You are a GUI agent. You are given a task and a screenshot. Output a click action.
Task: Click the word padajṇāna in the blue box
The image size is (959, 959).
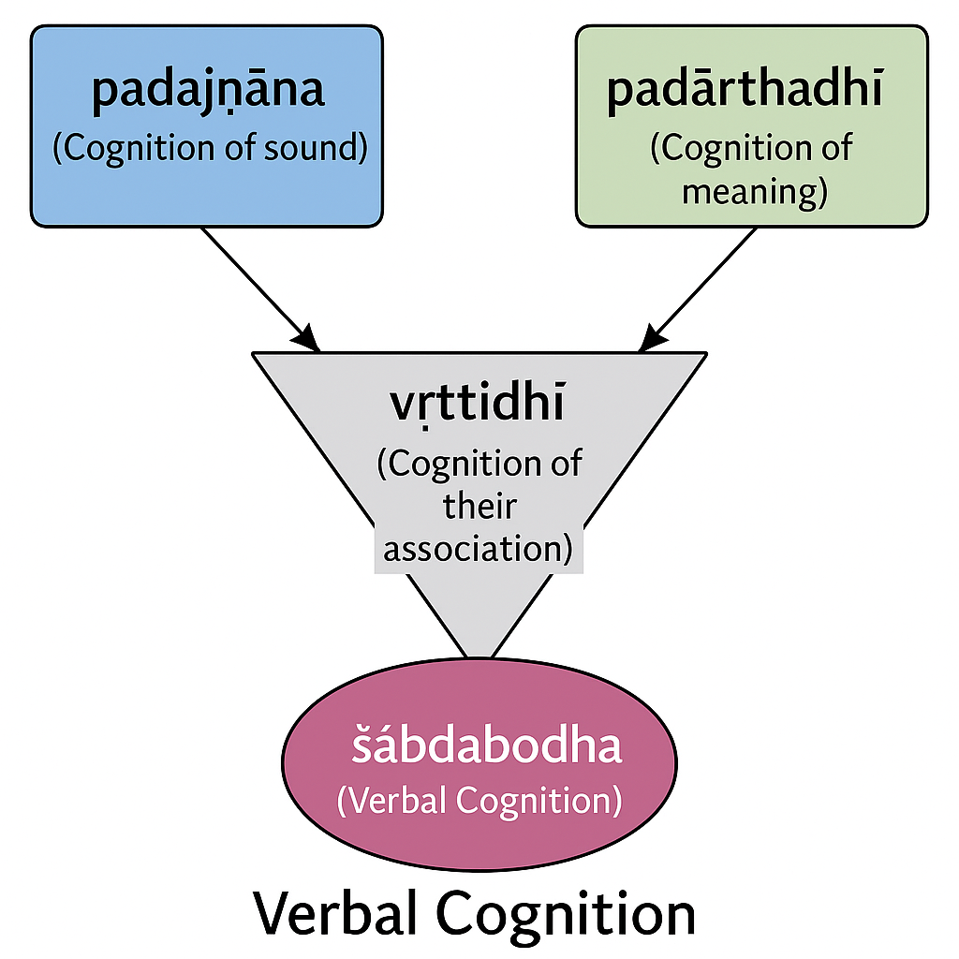208,92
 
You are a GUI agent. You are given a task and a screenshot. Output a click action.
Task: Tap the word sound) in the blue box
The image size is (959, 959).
316,148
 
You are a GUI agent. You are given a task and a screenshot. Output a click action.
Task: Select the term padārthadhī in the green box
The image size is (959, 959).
745,91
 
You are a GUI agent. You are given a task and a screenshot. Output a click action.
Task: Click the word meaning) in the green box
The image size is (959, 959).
755,191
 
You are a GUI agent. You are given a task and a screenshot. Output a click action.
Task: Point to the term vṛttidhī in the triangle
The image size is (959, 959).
478,405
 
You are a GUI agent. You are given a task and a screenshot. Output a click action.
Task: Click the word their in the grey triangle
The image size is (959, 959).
479,507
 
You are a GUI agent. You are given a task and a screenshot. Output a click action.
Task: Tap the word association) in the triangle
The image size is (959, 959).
479,548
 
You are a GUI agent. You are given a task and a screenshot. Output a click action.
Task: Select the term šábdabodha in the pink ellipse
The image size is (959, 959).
486,745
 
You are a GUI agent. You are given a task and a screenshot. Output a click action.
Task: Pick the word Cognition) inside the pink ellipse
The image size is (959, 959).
539,800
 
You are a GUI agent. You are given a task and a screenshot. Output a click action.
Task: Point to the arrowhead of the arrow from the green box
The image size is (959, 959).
651,339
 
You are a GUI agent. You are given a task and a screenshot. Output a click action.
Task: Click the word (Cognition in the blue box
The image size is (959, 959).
134,148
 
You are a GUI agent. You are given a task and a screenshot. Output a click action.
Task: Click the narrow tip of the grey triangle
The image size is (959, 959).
479,658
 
